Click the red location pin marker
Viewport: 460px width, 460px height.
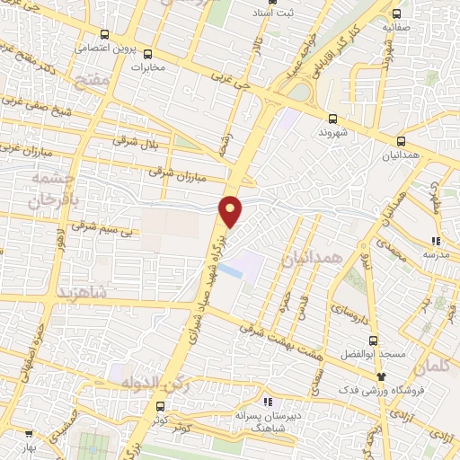232,210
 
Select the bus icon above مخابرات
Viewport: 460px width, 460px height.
147,53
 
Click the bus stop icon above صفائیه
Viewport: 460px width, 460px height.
396,13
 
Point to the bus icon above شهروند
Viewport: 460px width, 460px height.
333,118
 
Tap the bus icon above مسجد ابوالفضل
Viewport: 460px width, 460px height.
371,340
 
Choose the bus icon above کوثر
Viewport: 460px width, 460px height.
161,405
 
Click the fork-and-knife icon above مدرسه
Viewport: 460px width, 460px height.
435,241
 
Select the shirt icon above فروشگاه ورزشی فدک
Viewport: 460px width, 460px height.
381,376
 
